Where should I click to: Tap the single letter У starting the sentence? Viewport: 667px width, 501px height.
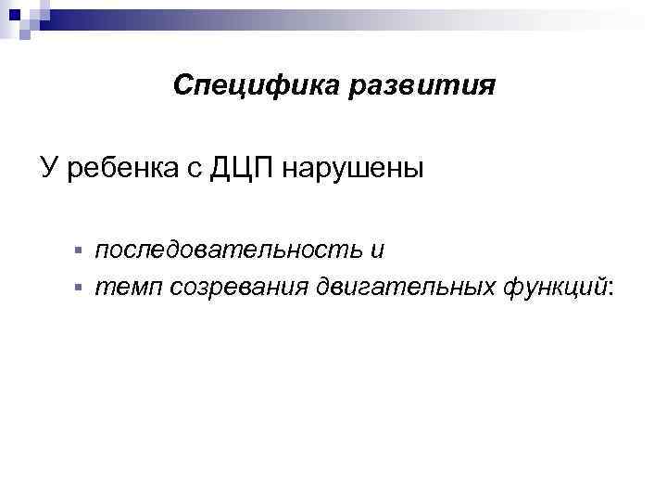pyautogui.click(x=48, y=169)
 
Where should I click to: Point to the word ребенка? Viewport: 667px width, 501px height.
pyautogui.click(x=117, y=170)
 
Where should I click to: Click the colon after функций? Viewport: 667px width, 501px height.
pyautogui.click(x=610, y=289)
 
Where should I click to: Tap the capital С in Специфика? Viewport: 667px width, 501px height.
pyautogui.click(x=182, y=86)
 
